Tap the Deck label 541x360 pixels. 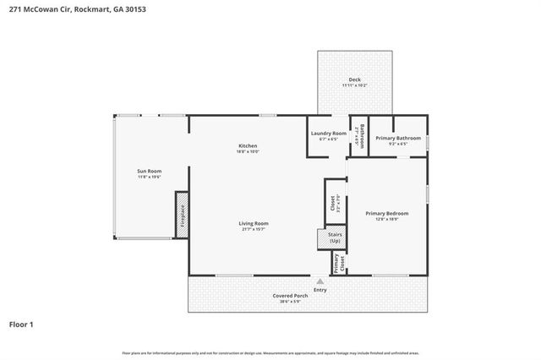click(x=354, y=80)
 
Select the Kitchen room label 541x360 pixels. click(x=248, y=146)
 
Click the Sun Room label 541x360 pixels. click(x=149, y=172)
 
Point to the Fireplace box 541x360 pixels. click(x=181, y=215)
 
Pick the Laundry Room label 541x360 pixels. click(x=327, y=133)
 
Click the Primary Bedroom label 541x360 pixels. click(x=386, y=214)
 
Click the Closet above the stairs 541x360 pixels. click(x=331, y=204)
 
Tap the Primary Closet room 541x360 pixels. click(x=337, y=263)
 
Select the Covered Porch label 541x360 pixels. click(x=288, y=296)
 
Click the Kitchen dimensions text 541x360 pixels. click(x=248, y=152)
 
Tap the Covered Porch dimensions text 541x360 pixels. click(x=288, y=302)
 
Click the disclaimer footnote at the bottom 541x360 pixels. click(x=270, y=352)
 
